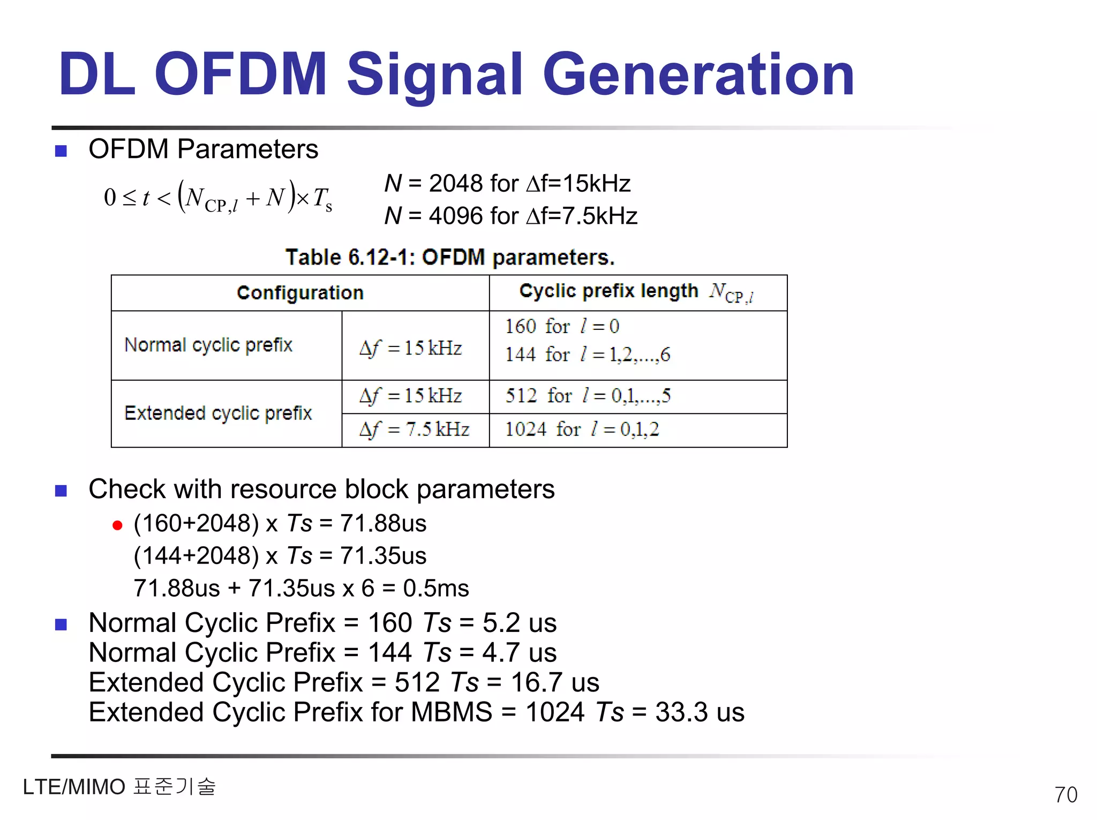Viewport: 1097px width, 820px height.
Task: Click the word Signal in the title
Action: pos(434,75)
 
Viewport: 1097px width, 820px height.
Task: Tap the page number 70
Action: pos(1065,795)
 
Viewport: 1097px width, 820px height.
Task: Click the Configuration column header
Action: pos(300,293)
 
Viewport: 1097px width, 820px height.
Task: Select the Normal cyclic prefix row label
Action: pos(208,345)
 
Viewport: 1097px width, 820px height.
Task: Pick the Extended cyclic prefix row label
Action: pos(217,413)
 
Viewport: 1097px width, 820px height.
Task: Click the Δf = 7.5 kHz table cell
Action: pos(415,430)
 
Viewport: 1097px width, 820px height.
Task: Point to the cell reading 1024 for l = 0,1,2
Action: pos(582,430)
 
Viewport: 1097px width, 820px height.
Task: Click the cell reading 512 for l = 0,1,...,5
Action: pos(588,396)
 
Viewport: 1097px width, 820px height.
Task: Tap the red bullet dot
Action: pos(117,525)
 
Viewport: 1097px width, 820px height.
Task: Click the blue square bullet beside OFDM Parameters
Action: pos(61,151)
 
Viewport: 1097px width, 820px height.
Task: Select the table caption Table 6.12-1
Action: pos(450,258)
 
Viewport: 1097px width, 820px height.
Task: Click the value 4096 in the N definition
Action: pos(455,216)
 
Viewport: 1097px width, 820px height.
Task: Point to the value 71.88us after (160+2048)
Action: pos(383,524)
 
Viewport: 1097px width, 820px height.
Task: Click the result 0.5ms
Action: pos(435,589)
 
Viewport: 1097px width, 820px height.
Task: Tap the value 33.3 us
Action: pos(700,713)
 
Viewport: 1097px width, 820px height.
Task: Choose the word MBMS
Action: pos(451,713)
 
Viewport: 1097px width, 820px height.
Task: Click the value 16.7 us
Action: pos(554,683)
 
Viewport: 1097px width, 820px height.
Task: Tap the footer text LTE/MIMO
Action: pos(74,787)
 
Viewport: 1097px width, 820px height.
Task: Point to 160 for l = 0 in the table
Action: pos(562,327)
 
